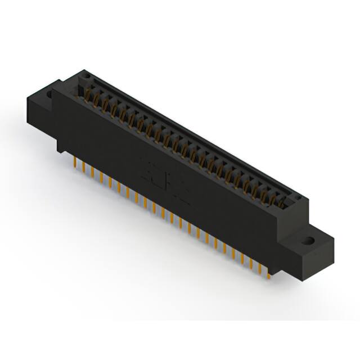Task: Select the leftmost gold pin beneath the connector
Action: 75,163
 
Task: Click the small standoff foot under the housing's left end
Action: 59,148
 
